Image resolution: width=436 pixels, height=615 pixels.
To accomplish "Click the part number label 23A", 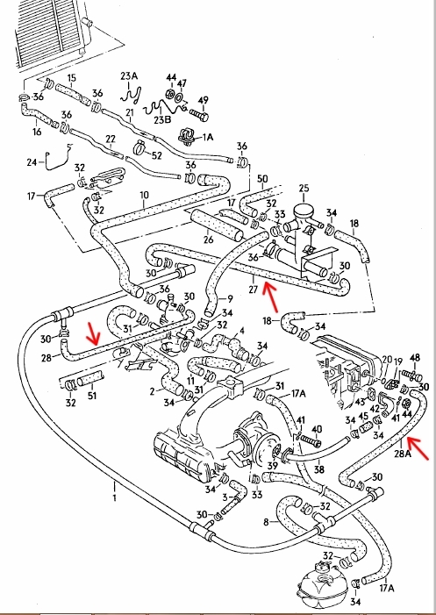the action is click(129, 76).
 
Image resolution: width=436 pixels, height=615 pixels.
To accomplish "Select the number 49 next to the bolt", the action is click(203, 100).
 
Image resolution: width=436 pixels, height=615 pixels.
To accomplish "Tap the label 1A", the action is click(207, 137).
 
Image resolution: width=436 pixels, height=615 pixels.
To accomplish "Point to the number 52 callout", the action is click(156, 155).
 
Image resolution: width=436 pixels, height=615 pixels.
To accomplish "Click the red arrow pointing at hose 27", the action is click(270, 296).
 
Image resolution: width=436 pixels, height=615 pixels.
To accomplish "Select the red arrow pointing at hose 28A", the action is click(418, 447).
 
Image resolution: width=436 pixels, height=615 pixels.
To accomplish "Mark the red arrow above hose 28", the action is click(94, 332).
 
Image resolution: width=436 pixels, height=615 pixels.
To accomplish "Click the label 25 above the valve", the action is click(304, 189).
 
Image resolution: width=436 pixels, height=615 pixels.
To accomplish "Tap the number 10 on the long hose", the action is click(144, 195).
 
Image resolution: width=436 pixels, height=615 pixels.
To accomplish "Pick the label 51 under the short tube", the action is click(91, 395).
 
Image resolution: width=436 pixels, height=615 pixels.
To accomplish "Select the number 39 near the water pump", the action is click(272, 465).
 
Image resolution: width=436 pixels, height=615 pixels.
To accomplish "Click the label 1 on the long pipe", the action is click(115, 498).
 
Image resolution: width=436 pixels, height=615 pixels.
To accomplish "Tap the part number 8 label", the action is click(266, 522).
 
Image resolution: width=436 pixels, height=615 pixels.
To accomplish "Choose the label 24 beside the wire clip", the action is click(32, 161).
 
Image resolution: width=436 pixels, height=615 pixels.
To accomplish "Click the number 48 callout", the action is click(414, 358).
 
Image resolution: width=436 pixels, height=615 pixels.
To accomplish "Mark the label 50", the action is click(262, 179).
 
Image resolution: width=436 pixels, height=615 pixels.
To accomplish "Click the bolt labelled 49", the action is click(199, 115).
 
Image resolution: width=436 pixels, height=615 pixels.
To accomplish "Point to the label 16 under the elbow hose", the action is click(37, 131).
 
